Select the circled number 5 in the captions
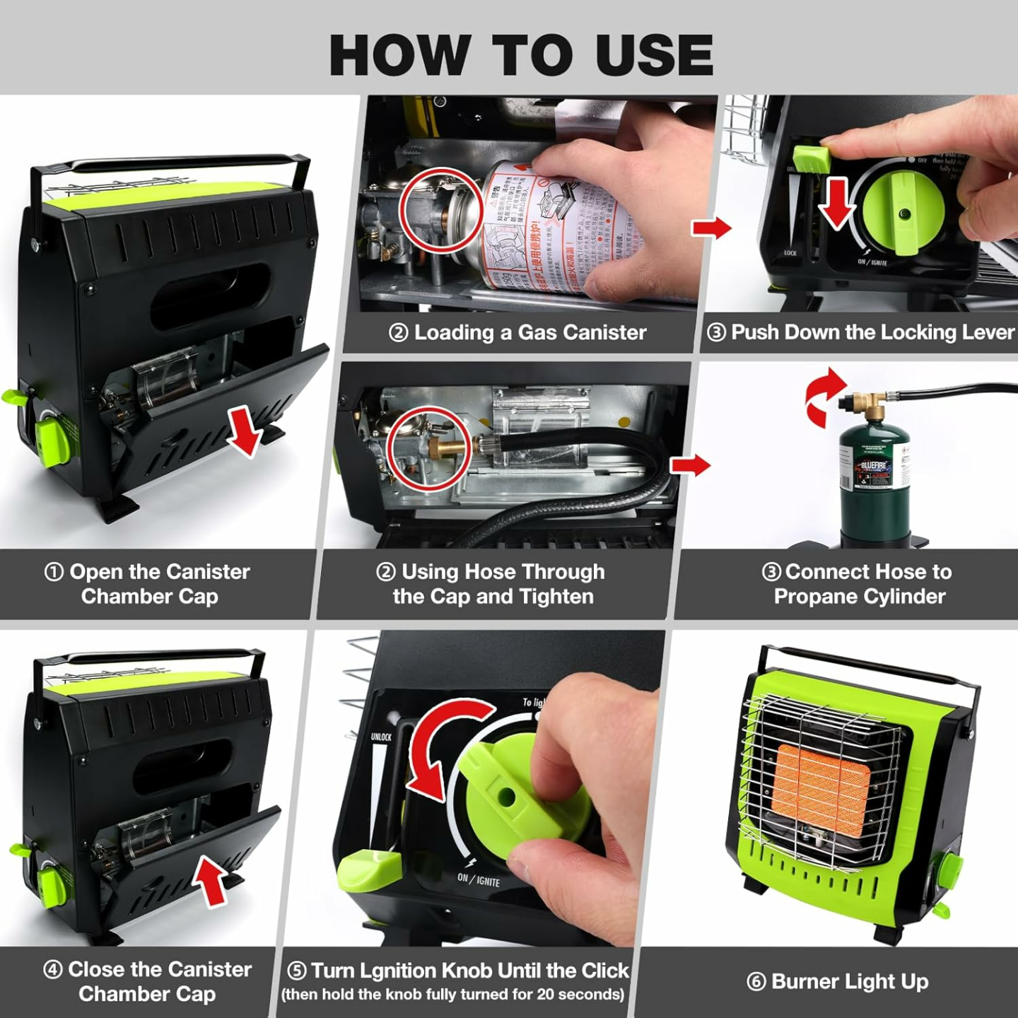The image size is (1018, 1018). click(x=297, y=971)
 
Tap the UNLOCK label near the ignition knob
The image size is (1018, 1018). click(x=381, y=737)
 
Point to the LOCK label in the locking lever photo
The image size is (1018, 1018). click(x=790, y=252)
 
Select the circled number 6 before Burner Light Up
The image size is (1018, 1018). click(x=756, y=982)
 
